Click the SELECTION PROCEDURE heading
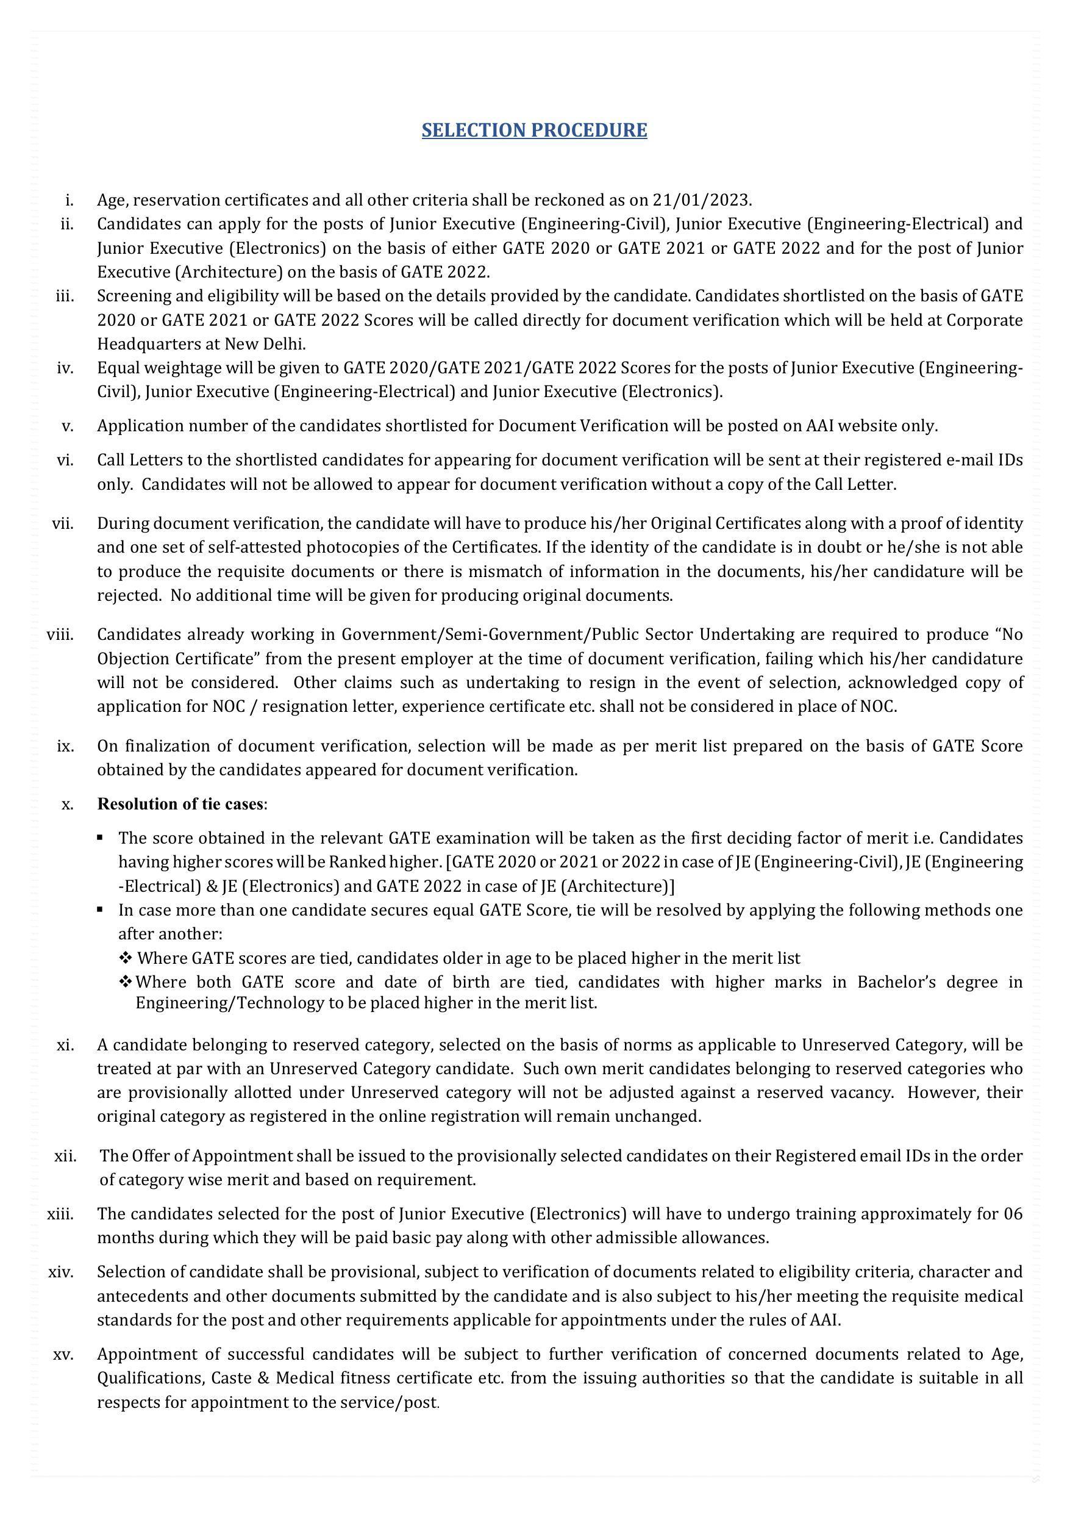534,130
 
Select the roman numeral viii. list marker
60,634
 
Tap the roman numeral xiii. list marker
60,1213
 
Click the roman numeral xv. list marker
63,1354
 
